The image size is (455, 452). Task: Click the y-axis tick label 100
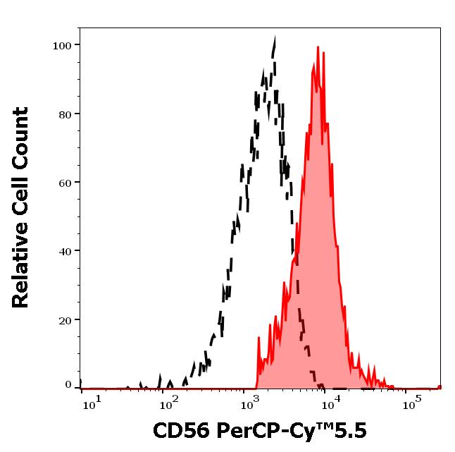(x=62, y=46)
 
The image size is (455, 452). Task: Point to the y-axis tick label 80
(x=65, y=114)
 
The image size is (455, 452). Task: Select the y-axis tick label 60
(x=65, y=183)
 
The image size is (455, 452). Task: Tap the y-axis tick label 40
(x=65, y=251)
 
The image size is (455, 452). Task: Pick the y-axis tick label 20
(x=65, y=319)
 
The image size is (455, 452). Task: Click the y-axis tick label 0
(x=68, y=385)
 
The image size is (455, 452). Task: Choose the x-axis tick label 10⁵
(x=411, y=405)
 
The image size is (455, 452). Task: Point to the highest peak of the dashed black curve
(x=274, y=39)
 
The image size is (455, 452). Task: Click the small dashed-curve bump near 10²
(x=161, y=379)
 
